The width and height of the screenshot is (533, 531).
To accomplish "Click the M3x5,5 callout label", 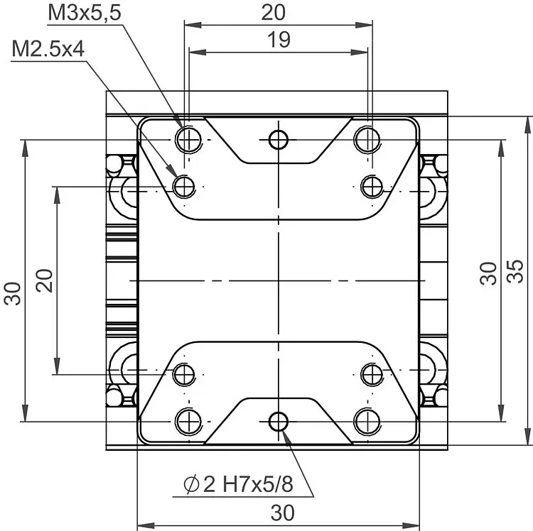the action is click(x=85, y=13).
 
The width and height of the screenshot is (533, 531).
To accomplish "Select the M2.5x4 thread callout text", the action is click(x=48, y=49).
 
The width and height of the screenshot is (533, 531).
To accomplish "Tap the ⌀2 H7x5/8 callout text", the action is click(x=238, y=484).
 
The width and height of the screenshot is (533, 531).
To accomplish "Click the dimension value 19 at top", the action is click(x=279, y=40).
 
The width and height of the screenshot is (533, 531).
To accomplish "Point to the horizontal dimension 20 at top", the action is click(x=274, y=13).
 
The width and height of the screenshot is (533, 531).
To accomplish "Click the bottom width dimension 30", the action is click(x=282, y=513).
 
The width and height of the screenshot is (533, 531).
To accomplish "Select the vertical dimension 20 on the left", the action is click(x=45, y=280).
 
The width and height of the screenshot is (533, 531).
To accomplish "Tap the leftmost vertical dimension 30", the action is click(x=13, y=294).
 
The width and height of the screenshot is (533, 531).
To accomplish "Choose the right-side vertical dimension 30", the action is click(x=488, y=273).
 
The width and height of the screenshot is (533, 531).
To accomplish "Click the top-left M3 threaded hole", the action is click(x=188, y=140).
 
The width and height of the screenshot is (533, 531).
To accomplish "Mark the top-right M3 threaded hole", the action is click(x=367, y=140).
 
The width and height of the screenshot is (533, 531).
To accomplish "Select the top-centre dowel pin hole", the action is click(x=279, y=140).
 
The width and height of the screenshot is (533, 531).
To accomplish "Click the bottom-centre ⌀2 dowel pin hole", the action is click(x=279, y=422).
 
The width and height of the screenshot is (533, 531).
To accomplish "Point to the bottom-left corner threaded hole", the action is click(x=188, y=422).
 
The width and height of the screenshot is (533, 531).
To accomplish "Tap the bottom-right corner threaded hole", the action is click(x=367, y=422).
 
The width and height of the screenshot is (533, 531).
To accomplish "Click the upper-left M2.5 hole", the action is click(x=184, y=187).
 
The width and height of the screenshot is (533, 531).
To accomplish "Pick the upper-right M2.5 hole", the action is click(x=372, y=187).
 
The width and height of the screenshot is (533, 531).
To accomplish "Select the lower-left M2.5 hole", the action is click(x=184, y=375).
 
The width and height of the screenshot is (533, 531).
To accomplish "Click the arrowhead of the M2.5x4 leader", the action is click(x=172, y=170).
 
